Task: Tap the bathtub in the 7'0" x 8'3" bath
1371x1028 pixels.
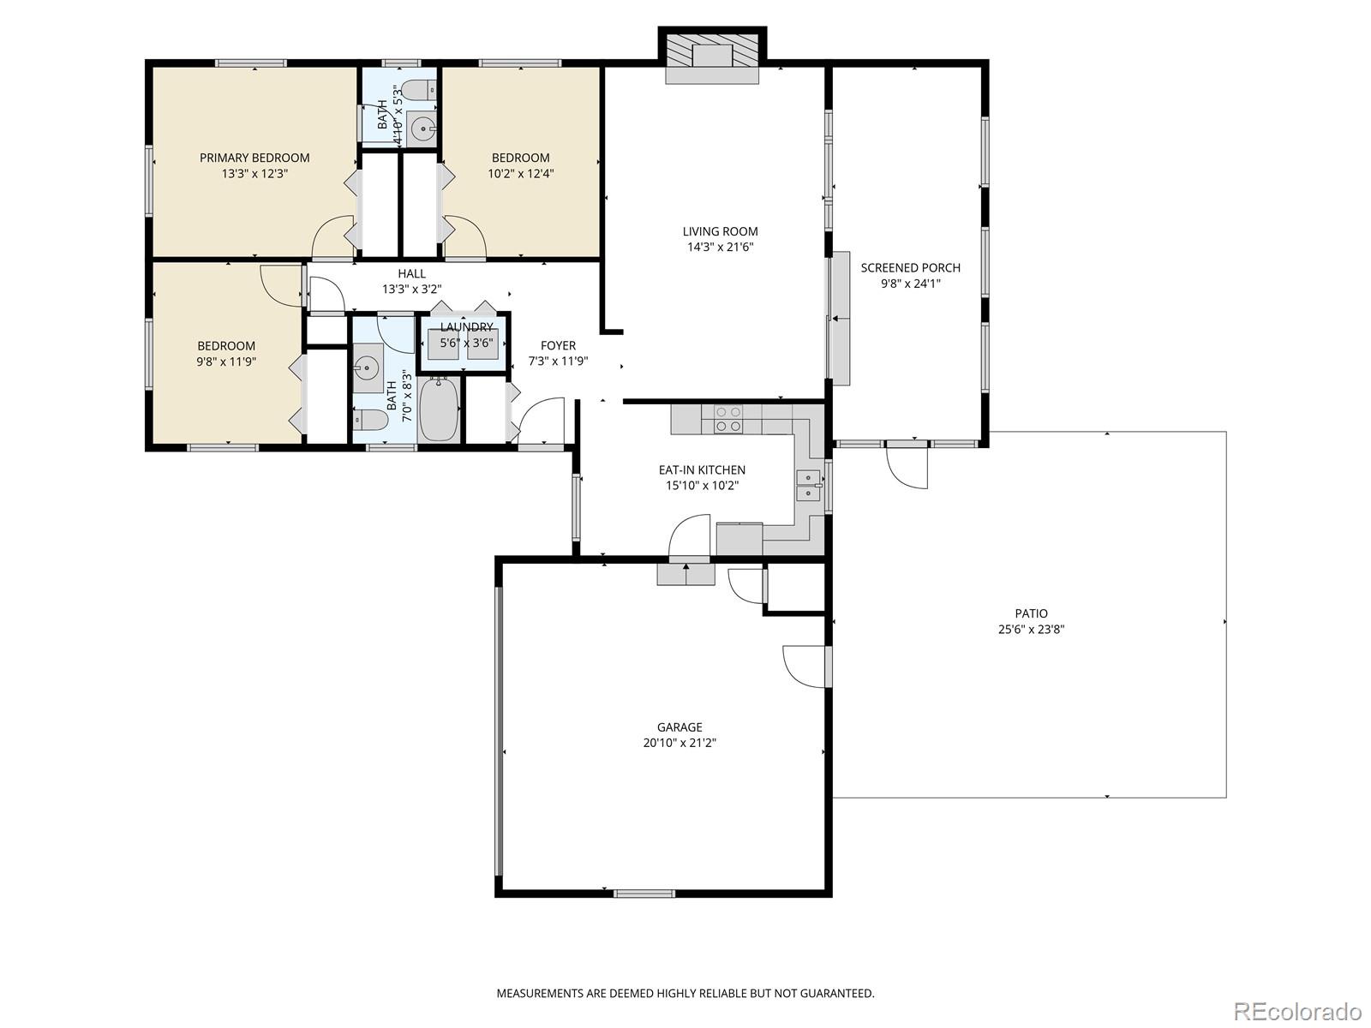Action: (440, 411)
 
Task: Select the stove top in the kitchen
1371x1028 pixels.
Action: (728, 420)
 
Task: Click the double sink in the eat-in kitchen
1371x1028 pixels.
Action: (808, 486)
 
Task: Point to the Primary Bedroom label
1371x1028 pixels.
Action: (254, 158)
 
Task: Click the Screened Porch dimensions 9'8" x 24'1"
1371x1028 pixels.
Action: (910, 284)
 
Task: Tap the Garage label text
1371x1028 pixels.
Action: (680, 727)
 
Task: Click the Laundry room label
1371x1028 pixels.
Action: (466, 327)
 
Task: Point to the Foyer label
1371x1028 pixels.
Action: (558, 345)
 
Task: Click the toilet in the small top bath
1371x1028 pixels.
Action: (419, 90)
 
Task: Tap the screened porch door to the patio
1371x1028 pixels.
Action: (908, 467)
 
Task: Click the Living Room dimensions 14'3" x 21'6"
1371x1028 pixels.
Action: (720, 248)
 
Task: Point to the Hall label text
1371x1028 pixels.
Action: (411, 273)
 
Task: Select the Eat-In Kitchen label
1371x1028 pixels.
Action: (702, 469)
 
